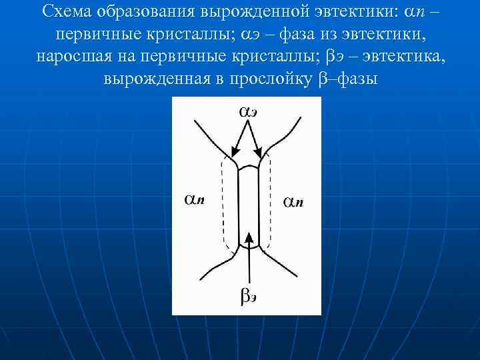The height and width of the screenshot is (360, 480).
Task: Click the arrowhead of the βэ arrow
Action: [248, 237]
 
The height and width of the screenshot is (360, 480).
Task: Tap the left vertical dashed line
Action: [223, 200]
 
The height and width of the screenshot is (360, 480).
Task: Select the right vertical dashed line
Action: [271, 200]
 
